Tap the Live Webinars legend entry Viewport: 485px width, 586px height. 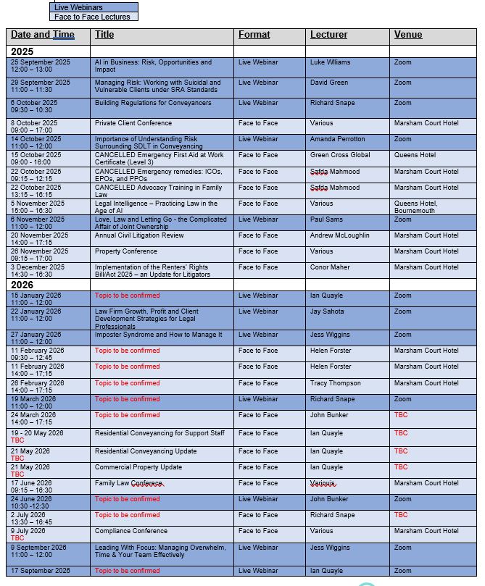[78, 7]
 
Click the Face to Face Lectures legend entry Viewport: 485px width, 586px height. [92, 17]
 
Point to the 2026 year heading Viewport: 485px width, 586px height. [22, 285]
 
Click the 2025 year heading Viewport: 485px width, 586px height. [22, 52]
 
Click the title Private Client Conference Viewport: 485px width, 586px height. [133, 123]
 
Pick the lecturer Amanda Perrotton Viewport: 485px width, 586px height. [337, 139]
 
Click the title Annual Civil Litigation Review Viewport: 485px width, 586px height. [138, 235]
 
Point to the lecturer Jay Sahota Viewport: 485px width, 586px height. [327, 311]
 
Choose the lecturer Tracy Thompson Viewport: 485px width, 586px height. [336, 383]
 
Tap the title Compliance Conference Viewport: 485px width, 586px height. [130, 531]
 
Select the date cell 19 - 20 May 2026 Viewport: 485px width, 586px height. [37, 433]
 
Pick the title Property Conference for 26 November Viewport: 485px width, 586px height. [125, 251]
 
